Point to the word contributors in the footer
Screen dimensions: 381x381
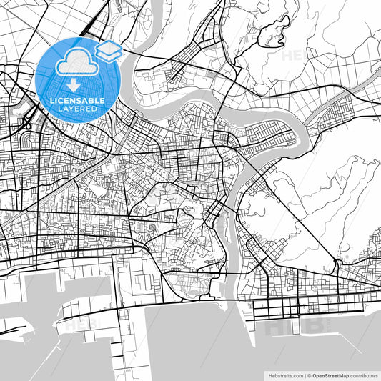(365, 375)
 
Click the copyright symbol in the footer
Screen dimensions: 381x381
(307, 375)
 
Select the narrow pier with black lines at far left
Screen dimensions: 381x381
(14, 330)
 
